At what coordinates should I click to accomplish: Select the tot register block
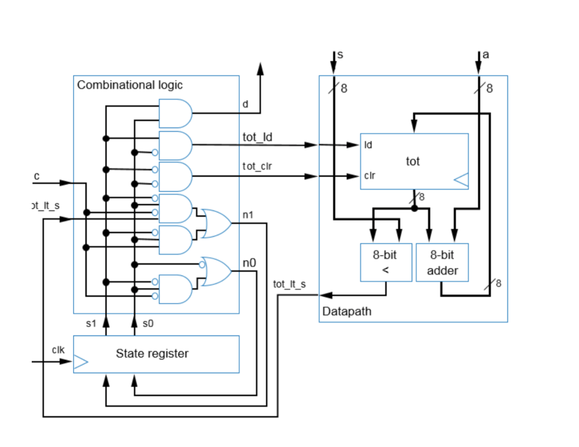point(414,161)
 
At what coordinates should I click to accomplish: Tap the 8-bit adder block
point(442,263)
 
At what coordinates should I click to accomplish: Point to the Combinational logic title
point(129,85)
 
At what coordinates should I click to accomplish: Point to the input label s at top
point(339,55)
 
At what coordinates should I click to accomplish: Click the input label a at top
point(486,55)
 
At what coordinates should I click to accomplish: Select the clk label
point(58,350)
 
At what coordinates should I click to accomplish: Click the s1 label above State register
point(91,324)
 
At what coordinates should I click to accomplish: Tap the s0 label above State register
point(148,324)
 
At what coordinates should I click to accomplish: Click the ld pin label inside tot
point(368,145)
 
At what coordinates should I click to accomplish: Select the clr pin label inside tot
point(369,176)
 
